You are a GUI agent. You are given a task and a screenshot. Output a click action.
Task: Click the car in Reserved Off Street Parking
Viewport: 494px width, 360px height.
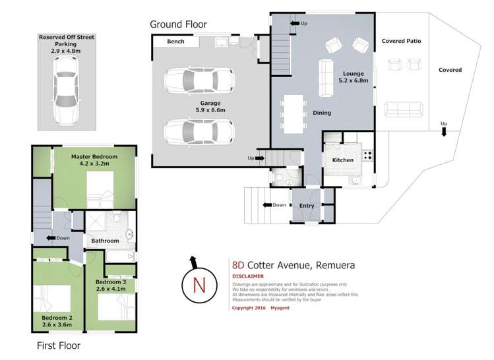(x=67, y=88)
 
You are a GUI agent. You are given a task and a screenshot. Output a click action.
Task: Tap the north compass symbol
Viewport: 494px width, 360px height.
(x=195, y=284)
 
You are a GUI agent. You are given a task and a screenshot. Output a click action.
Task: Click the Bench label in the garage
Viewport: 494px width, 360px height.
(x=175, y=42)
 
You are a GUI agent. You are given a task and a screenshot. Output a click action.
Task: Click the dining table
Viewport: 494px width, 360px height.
(x=293, y=112)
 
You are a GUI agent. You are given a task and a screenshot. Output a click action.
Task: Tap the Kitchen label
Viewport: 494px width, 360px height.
(x=343, y=160)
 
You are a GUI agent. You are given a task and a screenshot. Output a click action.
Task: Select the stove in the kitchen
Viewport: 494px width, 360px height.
(x=366, y=157)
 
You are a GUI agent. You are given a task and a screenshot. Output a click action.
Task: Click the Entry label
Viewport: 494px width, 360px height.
(x=307, y=206)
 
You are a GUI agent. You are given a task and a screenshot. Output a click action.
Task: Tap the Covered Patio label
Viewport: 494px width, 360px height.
(x=401, y=41)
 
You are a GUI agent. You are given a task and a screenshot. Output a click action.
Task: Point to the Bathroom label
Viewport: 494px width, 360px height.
(x=105, y=241)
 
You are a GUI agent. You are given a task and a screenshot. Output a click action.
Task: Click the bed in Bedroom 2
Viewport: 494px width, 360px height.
(x=53, y=299)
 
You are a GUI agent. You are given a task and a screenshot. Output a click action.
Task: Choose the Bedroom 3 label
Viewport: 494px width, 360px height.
(x=110, y=285)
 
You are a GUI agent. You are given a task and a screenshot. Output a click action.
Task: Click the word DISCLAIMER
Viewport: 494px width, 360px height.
(x=248, y=276)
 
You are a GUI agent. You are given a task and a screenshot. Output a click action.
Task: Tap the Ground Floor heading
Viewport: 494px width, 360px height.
(x=178, y=24)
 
